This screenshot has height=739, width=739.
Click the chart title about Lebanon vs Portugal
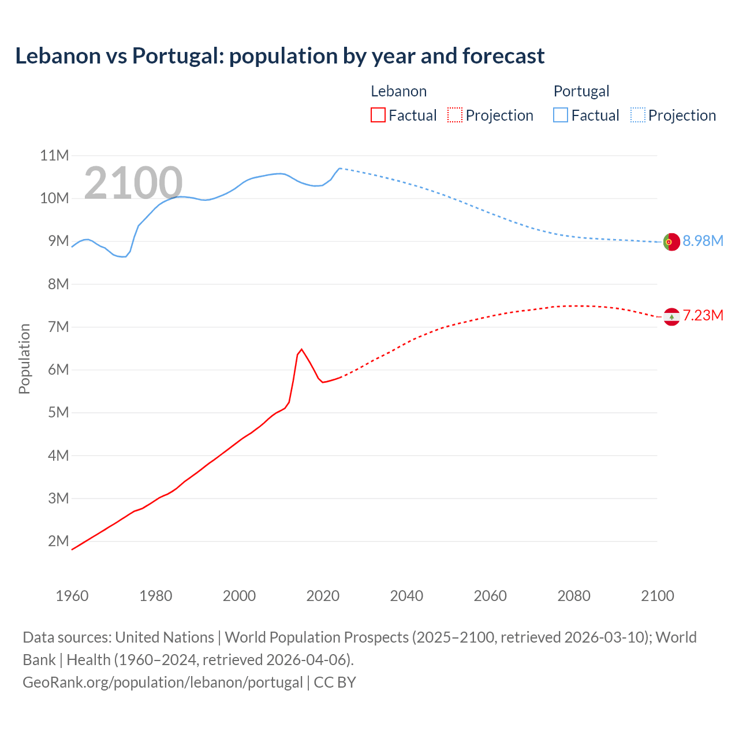click(279, 56)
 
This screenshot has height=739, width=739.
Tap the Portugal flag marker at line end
click(671, 242)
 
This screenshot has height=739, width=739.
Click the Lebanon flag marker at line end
click(671, 316)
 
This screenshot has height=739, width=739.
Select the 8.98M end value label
click(703, 241)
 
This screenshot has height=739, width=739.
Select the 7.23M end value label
click(703, 315)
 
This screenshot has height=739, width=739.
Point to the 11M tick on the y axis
click(54, 155)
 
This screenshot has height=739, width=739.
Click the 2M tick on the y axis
click(58, 541)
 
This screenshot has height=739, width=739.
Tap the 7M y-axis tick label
click(58, 327)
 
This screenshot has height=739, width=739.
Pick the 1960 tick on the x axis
click(72, 596)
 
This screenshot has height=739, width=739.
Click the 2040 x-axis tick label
click(406, 596)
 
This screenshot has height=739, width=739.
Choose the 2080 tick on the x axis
click(574, 596)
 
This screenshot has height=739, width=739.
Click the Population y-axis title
click(24, 359)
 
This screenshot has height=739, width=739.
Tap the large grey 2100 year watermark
click(133, 183)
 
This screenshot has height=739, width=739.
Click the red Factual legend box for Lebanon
click(378, 115)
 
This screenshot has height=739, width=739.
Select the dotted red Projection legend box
click(455, 115)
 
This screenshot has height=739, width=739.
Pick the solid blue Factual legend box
click(561, 115)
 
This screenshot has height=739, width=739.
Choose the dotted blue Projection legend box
click(637, 115)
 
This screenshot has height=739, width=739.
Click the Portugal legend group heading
click(581, 91)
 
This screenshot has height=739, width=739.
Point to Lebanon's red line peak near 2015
click(301, 349)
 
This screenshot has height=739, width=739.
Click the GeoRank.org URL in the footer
click(163, 682)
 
